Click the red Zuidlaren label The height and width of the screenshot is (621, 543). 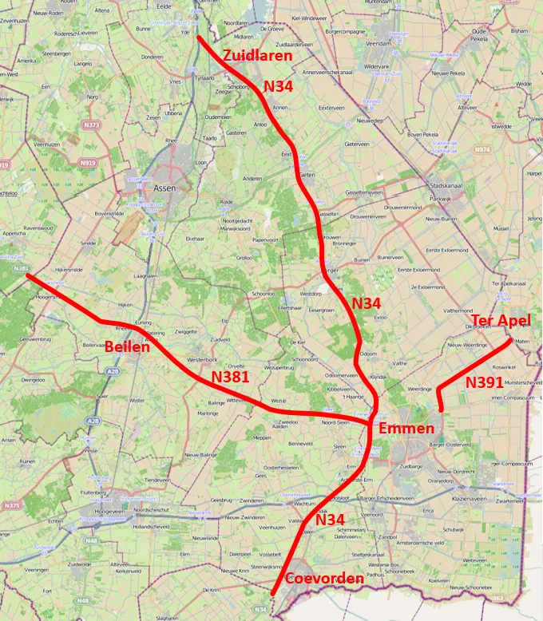(x=258, y=56)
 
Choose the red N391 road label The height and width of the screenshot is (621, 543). (x=485, y=382)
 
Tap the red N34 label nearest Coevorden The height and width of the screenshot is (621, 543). (x=330, y=520)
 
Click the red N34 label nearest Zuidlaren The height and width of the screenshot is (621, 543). (x=279, y=85)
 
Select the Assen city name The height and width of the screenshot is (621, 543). (x=164, y=189)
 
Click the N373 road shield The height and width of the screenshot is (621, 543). (x=93, y=125)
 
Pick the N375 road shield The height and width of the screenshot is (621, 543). (x=11, y=505)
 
